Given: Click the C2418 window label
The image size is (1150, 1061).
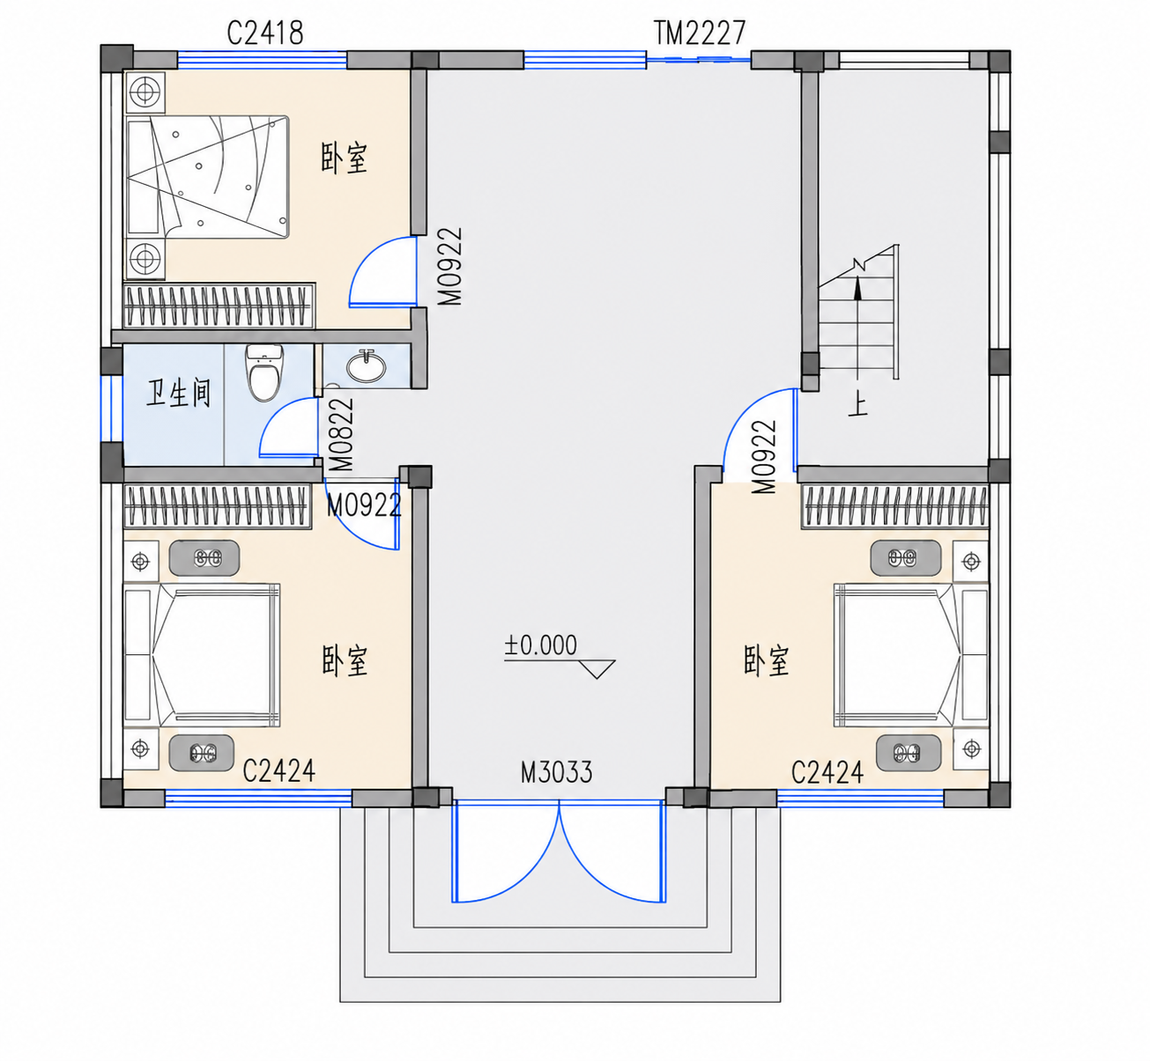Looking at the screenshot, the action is coord(265,33).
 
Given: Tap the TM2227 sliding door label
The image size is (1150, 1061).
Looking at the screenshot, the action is coord(700,33).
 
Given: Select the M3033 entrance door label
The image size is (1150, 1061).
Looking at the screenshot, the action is coord(556,772).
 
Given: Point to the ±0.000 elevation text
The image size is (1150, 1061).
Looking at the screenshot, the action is coord(541,645).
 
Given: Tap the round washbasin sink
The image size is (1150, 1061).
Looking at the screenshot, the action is coord(366,365).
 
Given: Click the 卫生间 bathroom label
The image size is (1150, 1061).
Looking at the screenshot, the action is coord(178,394).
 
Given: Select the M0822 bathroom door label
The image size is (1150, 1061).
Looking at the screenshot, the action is coord(341,434).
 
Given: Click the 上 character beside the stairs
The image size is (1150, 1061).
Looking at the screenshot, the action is coord(858,403).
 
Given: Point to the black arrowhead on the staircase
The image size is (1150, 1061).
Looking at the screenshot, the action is coord(857,288).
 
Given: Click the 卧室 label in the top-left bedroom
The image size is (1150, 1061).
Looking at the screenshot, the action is coord(345,158).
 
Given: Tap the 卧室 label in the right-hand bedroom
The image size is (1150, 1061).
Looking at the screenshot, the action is coord(767,660).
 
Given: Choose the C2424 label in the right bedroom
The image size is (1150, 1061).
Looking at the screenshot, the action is coord(827,772).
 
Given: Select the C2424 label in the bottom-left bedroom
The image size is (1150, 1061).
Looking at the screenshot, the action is coord(279,770).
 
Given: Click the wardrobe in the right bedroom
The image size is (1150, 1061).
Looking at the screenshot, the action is coord(895,506).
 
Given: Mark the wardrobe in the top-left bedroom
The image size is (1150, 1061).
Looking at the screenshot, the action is coord(219,306).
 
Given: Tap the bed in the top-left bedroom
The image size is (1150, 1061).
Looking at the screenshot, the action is coord(207,177).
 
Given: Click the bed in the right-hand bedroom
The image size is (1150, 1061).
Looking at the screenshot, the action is coord(911,655).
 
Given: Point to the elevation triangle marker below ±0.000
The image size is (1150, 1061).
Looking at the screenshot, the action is coord(597,668).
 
